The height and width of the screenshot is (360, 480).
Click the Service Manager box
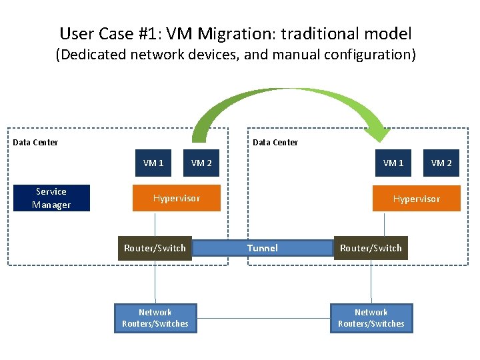click(51, 198)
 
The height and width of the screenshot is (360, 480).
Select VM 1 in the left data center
click(153, 163)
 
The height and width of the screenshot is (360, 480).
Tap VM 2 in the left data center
click(201, 163)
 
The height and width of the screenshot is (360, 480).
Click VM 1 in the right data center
click(393, 163)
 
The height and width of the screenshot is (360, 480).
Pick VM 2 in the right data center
click(441, 163)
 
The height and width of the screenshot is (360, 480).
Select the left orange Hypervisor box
click(176, 198)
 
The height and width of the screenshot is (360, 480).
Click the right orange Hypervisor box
click(417, 199)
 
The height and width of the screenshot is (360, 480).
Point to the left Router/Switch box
click(155, 248)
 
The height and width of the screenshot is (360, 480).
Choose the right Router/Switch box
click(371, 248)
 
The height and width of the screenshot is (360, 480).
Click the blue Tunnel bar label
click(263, 248)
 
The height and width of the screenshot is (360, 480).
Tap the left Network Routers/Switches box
click(155, 318)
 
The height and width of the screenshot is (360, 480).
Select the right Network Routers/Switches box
click(371, 318)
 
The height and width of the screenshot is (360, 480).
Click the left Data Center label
click(35, 142)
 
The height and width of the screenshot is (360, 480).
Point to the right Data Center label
click(275, 142)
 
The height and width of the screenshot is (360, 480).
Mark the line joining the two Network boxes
click(263, 318)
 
